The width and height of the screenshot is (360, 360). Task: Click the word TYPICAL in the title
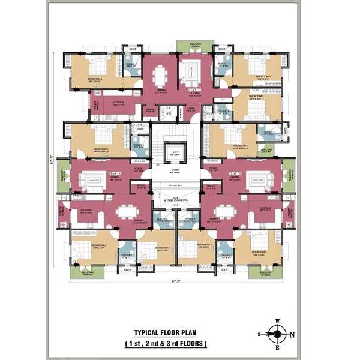tap(148, 333)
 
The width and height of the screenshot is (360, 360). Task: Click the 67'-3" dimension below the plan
tap(176, 280)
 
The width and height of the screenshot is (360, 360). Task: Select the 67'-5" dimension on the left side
tap(55, 160)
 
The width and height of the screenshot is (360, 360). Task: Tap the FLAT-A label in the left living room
tap(114, 174)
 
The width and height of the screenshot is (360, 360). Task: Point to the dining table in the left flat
tap(125, 212)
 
